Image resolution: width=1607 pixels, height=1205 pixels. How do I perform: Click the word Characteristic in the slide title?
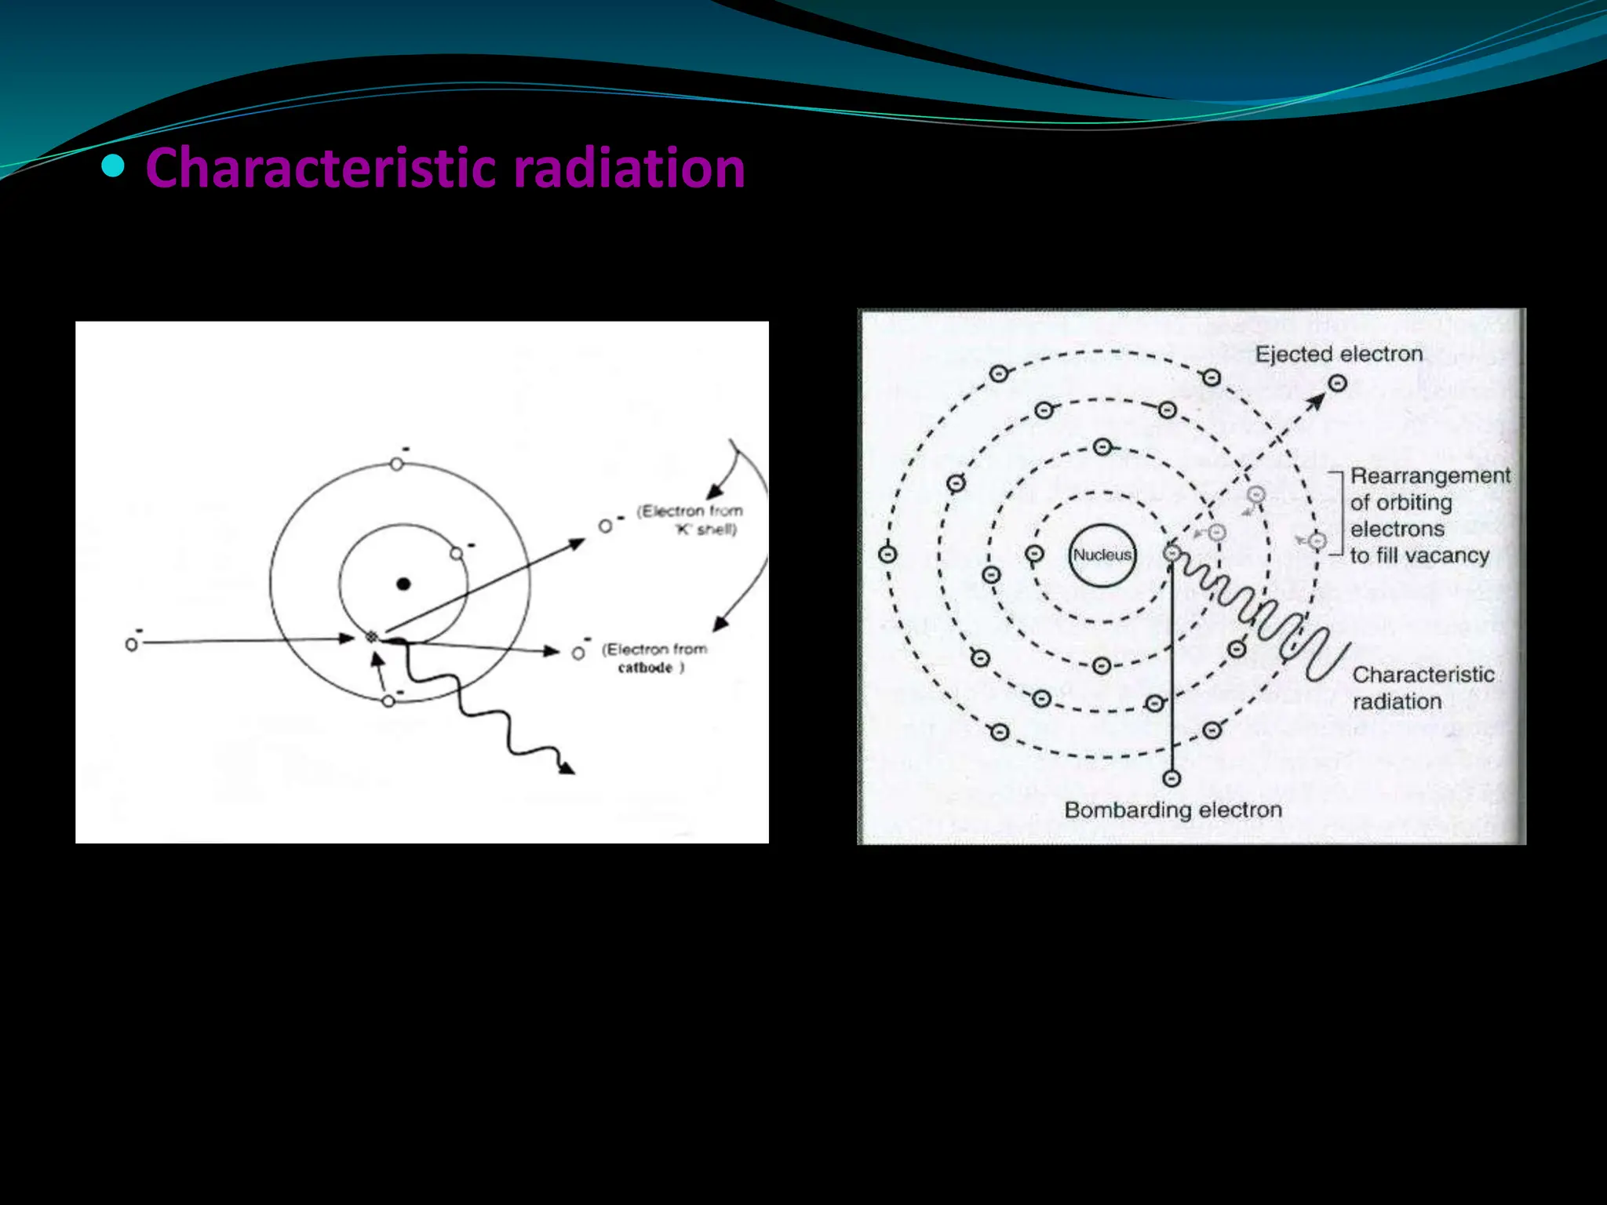320,169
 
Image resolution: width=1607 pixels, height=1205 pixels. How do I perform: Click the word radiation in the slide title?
629,169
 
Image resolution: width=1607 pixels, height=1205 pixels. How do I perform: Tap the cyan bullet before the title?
114,166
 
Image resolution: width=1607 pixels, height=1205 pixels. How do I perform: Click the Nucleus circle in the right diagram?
1102,555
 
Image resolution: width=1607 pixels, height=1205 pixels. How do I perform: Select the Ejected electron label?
1339,355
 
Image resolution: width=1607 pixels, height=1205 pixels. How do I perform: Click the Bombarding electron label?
1172,810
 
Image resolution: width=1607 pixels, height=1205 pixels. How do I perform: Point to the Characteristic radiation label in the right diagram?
1423,687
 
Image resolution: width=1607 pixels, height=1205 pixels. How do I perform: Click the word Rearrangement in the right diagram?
1430,476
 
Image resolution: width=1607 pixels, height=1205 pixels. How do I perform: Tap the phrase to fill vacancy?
1419,555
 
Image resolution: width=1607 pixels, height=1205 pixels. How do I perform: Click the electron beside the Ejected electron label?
1338,384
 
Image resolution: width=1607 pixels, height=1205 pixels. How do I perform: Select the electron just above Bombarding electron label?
1172,778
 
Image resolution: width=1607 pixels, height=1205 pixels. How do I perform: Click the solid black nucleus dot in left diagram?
403,584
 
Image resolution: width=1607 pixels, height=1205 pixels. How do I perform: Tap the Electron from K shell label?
689,520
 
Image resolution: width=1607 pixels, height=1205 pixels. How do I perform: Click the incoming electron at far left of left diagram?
131,644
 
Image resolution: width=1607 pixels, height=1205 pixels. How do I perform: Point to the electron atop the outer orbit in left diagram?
396,464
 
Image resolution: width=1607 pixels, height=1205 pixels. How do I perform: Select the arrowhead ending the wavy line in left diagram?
567,769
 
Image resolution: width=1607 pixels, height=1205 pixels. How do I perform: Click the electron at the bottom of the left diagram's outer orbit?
388,701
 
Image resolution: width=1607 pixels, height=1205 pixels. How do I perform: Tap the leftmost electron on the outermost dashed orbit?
887,555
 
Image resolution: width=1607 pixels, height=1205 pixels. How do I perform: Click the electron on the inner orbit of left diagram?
457,554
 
